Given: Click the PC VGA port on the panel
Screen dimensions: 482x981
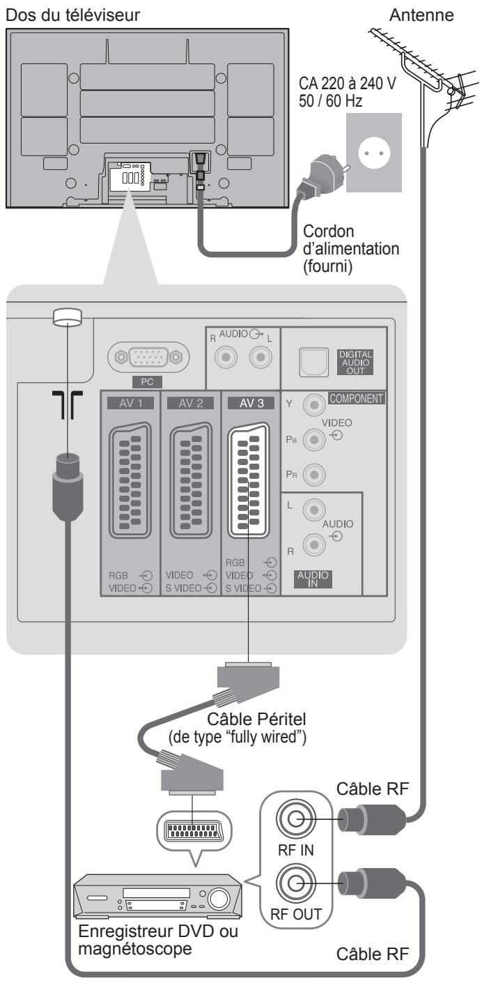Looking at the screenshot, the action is click(x=148, y=358).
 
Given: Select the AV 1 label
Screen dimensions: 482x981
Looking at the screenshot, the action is click(x=130, y=403).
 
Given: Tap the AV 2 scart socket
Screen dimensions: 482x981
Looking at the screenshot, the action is click(x=191, y=480).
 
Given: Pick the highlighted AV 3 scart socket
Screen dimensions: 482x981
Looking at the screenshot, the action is click(x=249, y=480).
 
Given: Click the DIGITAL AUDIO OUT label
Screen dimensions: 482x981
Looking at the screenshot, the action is click(x=356, y=362).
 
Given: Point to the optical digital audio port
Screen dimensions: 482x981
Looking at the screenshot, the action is click(x=313, y=362).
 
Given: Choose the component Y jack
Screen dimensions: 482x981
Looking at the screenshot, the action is click(x=314, y=404).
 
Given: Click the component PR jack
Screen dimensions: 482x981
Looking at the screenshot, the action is click(x=314, y=474).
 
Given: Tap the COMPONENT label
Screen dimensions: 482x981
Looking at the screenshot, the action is click(x=357, y=399).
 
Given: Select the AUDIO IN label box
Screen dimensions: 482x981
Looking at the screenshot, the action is click(x=313, y=579).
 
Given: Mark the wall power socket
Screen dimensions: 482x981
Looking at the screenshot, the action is click(x=374, y=153).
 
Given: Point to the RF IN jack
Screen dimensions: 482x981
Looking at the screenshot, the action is click(x=296, y=819).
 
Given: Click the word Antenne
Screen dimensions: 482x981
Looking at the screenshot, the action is click(x=421, y=15).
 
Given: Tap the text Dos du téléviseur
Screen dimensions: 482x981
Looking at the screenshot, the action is click(x=72, y=15).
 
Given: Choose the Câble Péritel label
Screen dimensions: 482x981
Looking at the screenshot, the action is click(x=256, y=719).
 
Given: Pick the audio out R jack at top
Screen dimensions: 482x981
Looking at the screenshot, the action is click(x=226, y=358).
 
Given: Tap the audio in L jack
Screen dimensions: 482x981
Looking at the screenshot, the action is click(x=314, y=510).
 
